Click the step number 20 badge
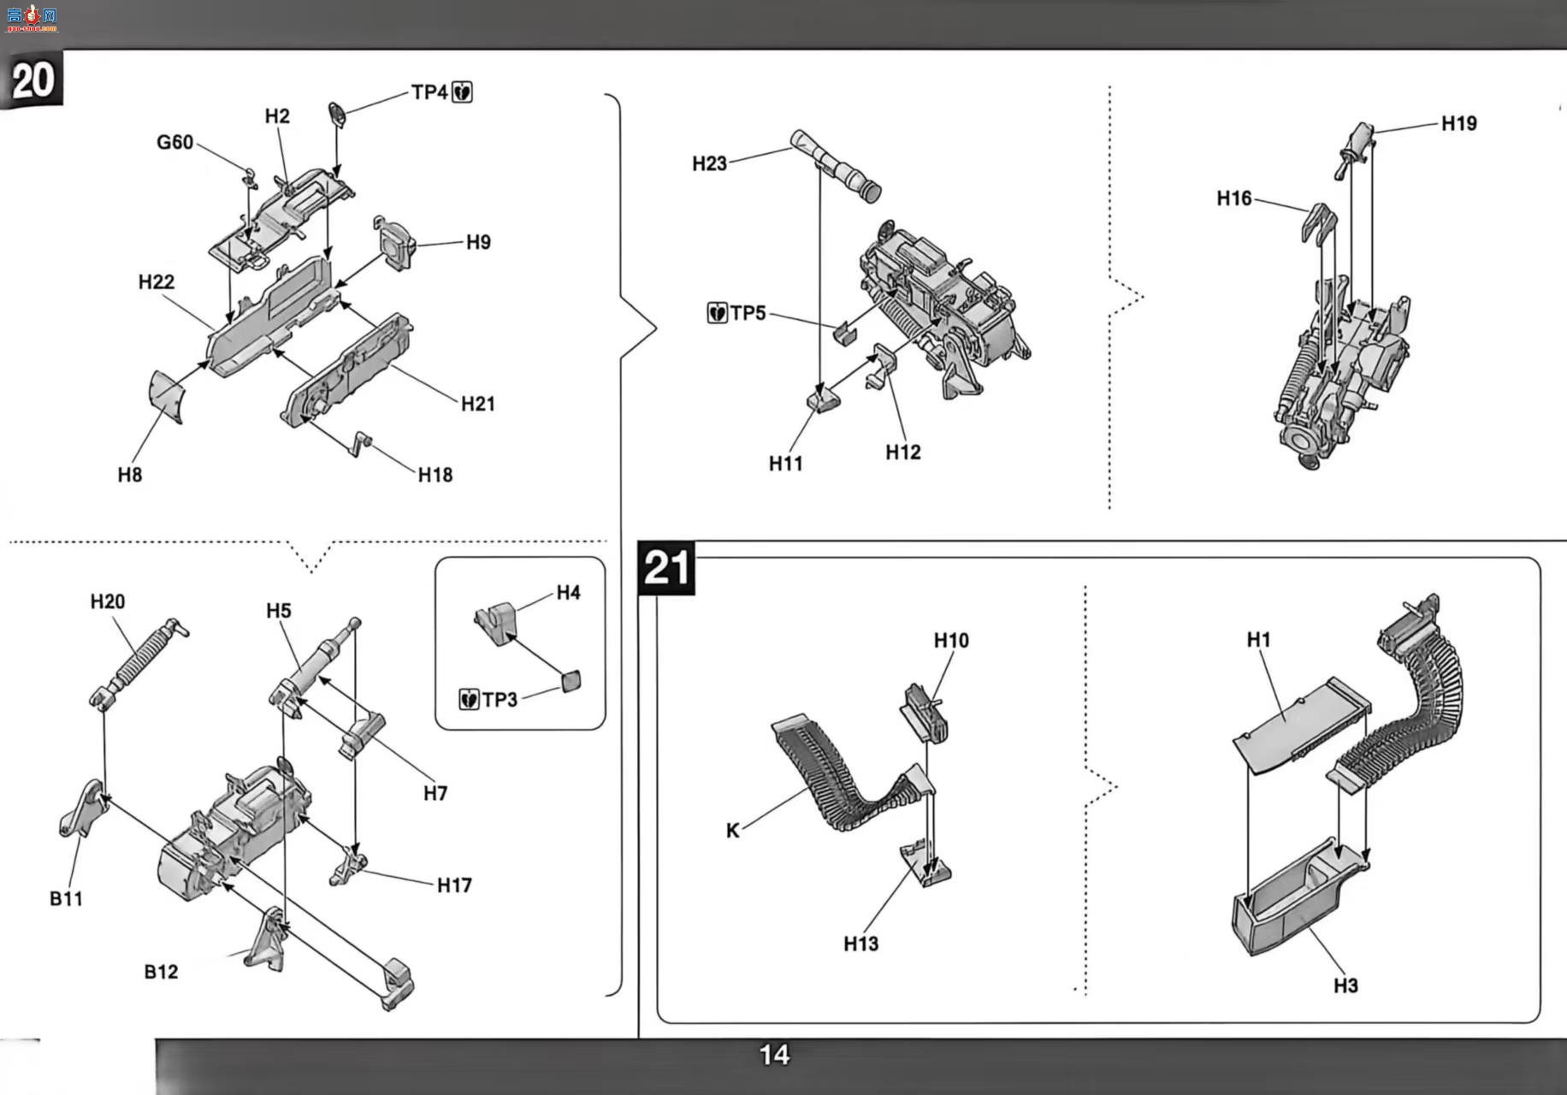(33, 80)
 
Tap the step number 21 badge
(666, 568)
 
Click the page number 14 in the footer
(774, 1055)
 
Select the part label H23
(709, 163)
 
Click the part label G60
(174, 142)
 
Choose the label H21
(477, 404)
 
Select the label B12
(161, 972)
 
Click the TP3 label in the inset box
(500, 700)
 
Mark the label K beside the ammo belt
(732, 831)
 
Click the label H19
(1458, 123)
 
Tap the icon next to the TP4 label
(462, 92)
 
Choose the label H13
(860, 944)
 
